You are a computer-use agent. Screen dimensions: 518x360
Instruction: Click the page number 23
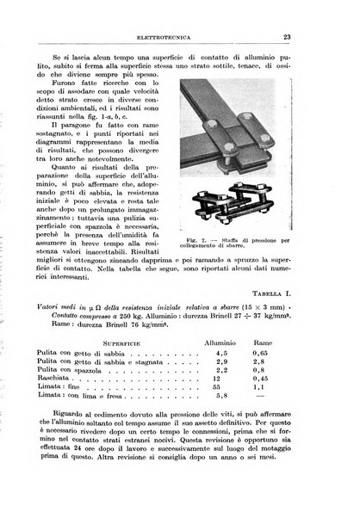[331, 36]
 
